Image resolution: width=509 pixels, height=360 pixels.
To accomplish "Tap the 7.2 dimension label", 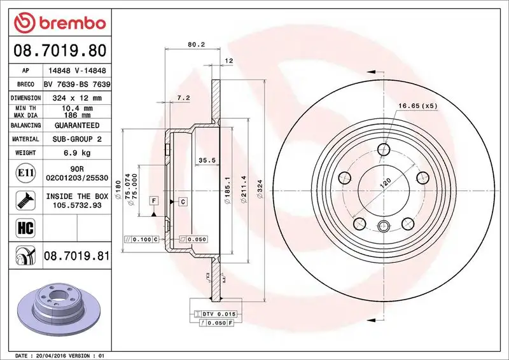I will [x=183, y=98].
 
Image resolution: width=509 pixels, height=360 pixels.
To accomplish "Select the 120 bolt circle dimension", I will [x=386, y=183].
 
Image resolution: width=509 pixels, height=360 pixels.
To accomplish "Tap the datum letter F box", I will [x=154, y=202].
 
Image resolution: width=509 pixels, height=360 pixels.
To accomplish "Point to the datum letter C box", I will [x=182, y=202].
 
